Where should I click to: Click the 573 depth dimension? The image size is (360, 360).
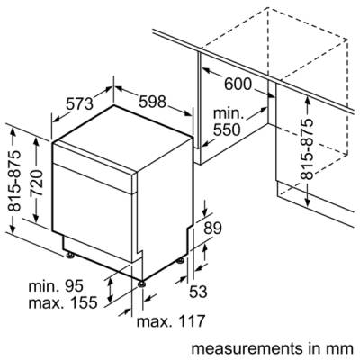pos(80,103)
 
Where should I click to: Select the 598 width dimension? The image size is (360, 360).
pos(152,102)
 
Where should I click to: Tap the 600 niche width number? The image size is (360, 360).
pos(238,84)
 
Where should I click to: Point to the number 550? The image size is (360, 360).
pos(227,130)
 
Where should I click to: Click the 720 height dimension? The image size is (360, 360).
pos(38,183)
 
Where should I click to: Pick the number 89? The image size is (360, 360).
pos(212,229)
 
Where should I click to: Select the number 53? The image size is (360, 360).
pos(198,291)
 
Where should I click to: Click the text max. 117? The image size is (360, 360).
pos(171,321)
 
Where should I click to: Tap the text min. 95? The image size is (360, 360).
pos(56,286)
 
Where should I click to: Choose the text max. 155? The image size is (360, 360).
pos(63,302)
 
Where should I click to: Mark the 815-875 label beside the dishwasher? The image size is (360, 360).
pos(14,180)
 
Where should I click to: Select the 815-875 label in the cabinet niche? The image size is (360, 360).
pos(307,148)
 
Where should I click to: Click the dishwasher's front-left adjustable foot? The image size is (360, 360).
pos(70,256)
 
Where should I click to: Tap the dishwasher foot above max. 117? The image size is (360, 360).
pos(141,283)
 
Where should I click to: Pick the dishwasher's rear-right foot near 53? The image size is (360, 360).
pos(180,260)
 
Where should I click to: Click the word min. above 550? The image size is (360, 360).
pos(227,113)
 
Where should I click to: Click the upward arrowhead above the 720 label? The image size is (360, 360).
pos(37,139)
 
